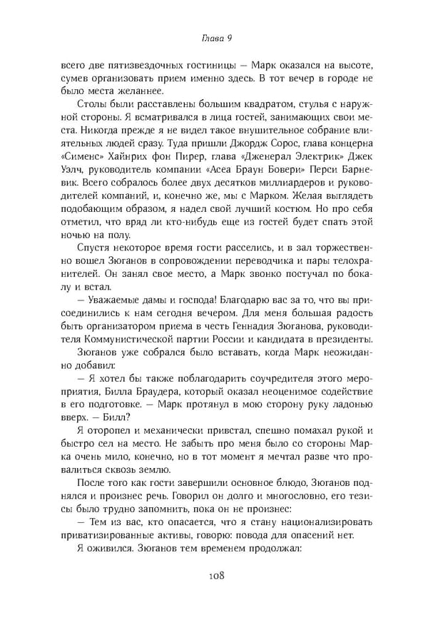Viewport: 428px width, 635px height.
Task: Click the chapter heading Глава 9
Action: click(214, 38)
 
